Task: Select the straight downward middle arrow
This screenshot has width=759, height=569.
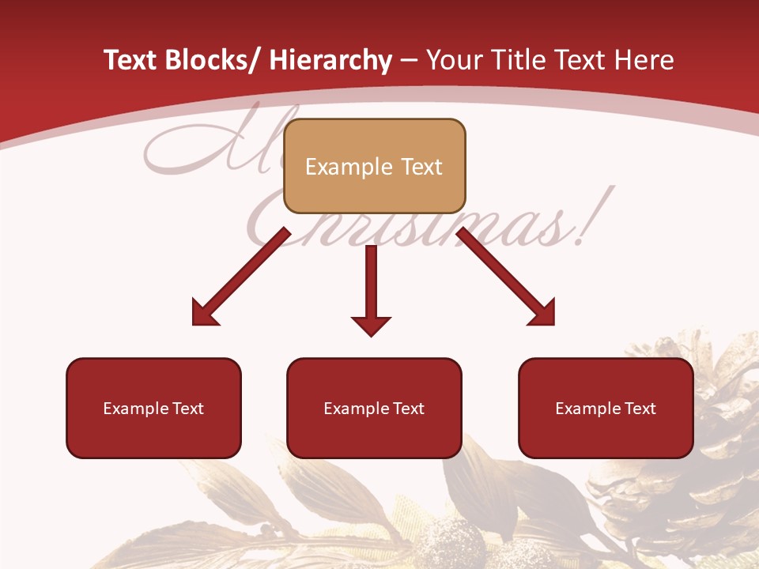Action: (x=371, y=284)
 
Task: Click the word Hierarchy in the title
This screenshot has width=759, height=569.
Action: (x=330, y=60)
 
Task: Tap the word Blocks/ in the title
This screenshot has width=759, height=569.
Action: (x=213, y=60)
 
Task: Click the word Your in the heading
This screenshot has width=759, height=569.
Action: (x=454, y=60)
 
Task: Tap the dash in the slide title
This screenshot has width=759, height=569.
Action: (x=409, y=60)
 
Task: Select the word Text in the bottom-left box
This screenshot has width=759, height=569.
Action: (x=186, y=409)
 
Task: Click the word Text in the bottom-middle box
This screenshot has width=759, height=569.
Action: (x=406, y=409)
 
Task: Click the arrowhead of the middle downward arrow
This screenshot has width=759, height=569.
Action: (x=371, y=325)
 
